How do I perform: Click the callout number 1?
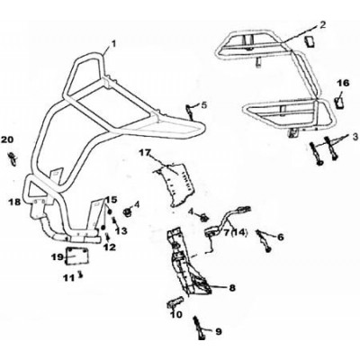[x=112, y=44]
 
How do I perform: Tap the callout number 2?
[x=322, y=25]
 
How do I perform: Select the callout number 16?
[x=345, y=83]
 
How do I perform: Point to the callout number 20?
[x=7, y=139]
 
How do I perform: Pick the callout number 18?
[x=14, y=202]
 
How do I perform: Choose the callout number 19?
[x=57, y=256]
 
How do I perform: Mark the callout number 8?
[x=232, y=288]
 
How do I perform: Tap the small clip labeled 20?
[x=13, y=158]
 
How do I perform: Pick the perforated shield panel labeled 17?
[x=176, y=184]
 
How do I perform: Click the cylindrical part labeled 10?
[x=175, y=303]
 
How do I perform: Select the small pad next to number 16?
[x=340, y=102]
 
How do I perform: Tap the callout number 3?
[x=355, y=137]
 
